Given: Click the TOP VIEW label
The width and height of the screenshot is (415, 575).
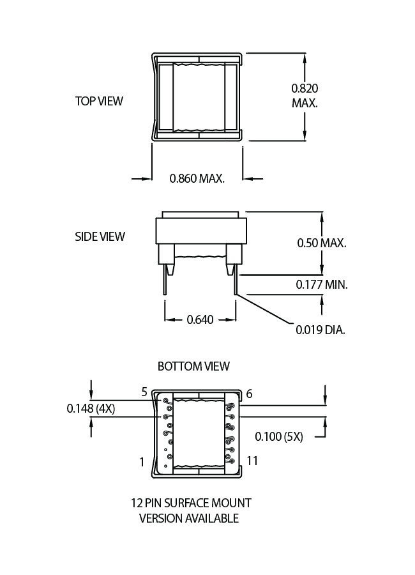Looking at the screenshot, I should tap(99, 101).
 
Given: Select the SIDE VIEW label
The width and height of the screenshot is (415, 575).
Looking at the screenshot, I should tap(100, 236).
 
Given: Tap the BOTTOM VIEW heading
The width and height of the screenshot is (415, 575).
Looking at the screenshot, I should tap(193, 366).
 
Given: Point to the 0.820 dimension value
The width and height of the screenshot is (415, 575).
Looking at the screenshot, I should tap(305, 88).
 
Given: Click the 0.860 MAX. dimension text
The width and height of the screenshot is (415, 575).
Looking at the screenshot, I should tap(197, 178).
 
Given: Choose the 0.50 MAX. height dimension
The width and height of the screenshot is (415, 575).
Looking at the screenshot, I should tap(322, 243).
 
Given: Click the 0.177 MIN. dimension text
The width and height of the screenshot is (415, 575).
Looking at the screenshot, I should tap(322, 285).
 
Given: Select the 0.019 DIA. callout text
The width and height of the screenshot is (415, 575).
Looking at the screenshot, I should tap(320, 330).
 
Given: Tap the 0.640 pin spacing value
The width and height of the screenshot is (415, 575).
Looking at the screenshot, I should tap(200, 319).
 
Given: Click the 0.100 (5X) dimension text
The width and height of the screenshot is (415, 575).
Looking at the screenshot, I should tap(278, 437).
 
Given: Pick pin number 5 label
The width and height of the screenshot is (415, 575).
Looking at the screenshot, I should tap(144, 392).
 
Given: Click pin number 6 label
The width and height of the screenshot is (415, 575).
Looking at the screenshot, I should tap(249, 394).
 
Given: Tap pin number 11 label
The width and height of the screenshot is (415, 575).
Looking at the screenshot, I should tap(252, 461).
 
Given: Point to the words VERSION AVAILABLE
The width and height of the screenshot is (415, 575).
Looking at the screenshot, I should tap(189, 518).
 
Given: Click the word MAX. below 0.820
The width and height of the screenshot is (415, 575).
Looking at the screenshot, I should tap(305, 103).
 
